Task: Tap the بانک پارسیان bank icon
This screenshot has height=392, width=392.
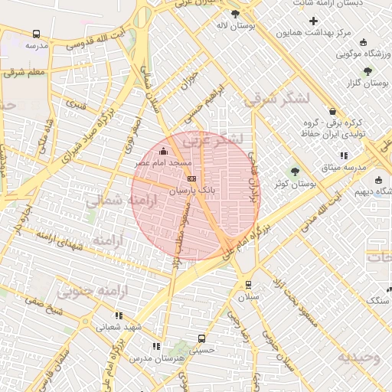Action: pyautogui.click(x=191, y=177)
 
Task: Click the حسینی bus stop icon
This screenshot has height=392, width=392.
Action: pyautogui.click(x=201, y=338)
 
